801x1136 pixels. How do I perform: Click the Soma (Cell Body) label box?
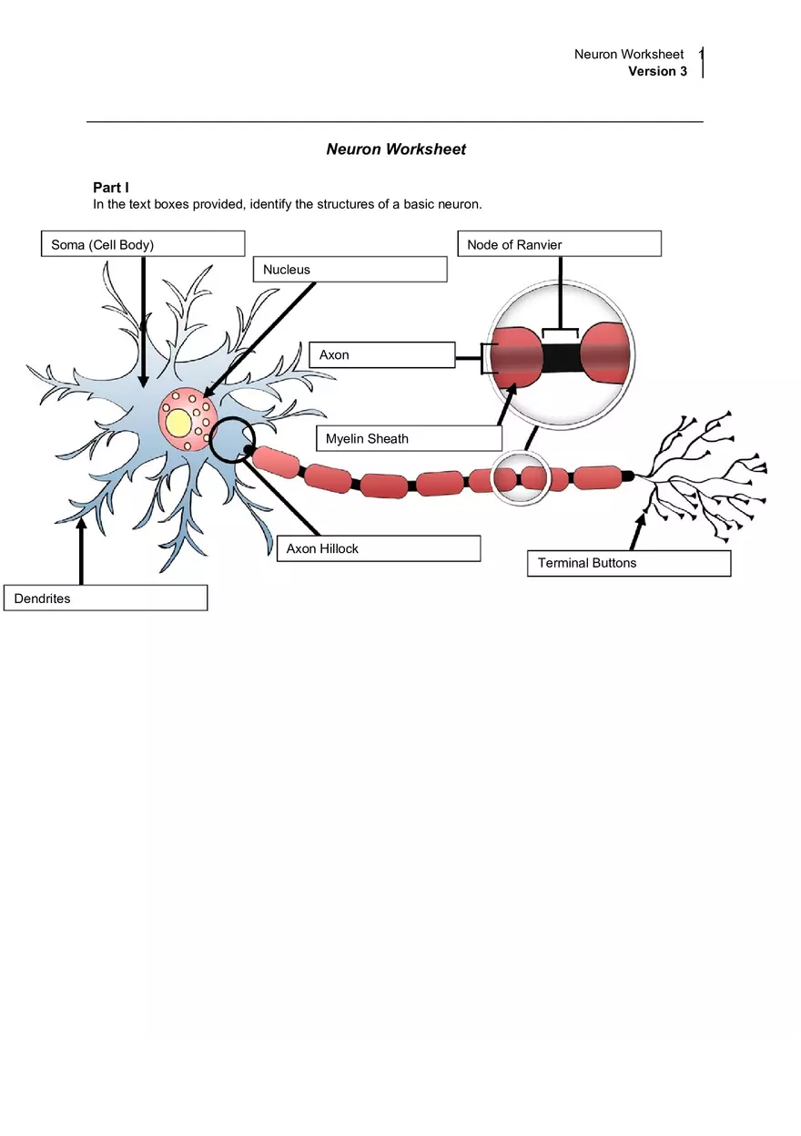[143, 244]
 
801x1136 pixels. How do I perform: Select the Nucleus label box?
[350, 270]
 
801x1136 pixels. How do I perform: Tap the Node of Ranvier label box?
[559, 244]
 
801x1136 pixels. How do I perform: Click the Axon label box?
[382, 355]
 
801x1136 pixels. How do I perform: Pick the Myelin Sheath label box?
[409, 438]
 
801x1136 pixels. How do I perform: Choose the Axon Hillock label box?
[378, 548]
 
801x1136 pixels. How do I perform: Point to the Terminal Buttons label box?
[628, 563]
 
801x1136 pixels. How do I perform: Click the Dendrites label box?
[106, 599]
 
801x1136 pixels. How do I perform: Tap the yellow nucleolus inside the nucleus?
[178, 423]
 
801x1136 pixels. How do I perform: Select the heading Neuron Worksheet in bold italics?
[396, 149]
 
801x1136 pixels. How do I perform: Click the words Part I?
[111, 188]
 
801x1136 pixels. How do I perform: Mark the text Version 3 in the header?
[657, 71]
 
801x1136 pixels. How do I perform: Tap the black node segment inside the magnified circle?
[561, 357]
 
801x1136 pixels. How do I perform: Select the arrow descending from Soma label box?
[144, 319]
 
